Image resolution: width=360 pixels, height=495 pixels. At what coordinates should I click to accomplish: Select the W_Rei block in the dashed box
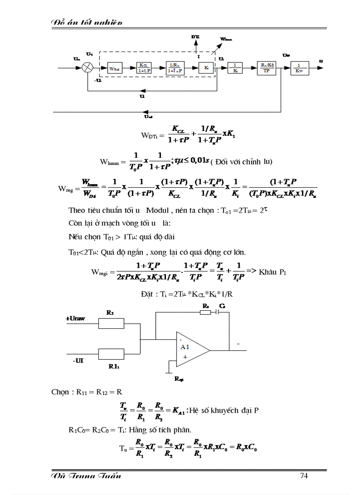pos(114,68)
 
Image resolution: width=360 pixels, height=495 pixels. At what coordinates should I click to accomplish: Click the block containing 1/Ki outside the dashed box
pos(235,68)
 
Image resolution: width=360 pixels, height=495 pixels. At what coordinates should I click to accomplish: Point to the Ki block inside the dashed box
pos(206,68)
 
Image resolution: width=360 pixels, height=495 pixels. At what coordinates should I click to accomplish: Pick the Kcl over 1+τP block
pos(144,68)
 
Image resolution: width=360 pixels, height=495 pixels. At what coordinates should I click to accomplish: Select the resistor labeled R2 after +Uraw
pos(111,324)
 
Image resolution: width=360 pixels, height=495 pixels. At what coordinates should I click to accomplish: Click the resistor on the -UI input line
pos(111,354)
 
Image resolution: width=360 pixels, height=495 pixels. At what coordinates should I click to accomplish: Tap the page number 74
pos(304,476)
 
